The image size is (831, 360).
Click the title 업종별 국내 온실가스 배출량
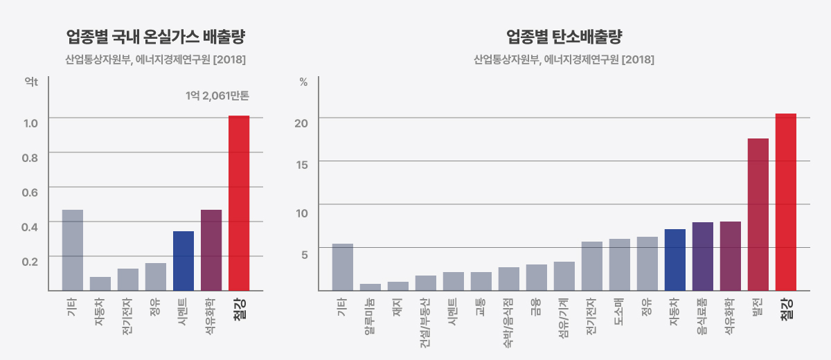click(156, 36)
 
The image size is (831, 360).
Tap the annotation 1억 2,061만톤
click(217, 96)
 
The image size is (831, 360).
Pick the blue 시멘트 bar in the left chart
click(184, 260)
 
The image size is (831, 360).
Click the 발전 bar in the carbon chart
click(758, 214)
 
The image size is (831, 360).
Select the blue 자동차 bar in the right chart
click(675, 260)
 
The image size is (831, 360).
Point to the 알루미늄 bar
click(370, 287)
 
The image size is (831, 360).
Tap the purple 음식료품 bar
click(703, 256)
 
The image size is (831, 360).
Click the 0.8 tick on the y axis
click(30, 158)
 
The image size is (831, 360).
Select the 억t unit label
click(30, 82)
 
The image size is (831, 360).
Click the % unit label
click(303, 82)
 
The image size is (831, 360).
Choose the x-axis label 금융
click(536, 306)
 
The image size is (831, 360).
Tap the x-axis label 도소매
click(619, 309)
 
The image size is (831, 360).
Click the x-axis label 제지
click(397, 306)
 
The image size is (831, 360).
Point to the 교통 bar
click(481, 281)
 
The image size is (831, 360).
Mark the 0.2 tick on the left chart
click(30, 262)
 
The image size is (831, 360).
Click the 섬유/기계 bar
click(564, 276)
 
